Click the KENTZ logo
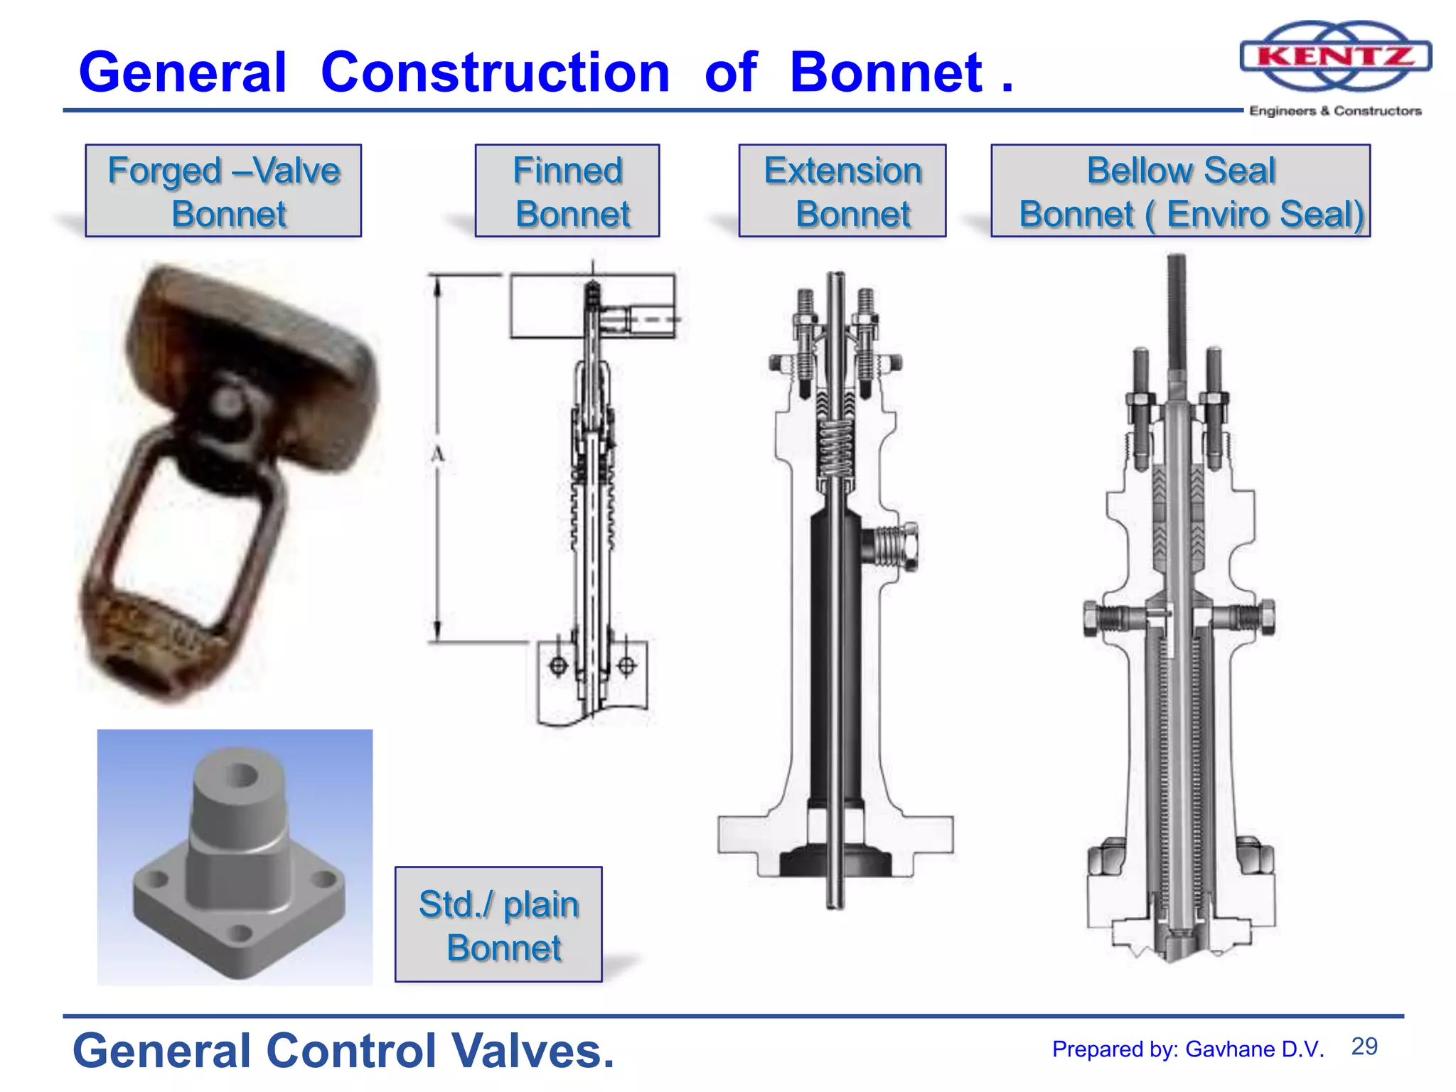click(x=1335, y=57)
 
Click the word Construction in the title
click(x=495, y=73)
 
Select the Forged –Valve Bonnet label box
click(x=223, y=191)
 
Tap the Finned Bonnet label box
click(x=567, y=191)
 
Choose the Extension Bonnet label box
click(x=842, y=191)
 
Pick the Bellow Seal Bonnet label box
click(x=1181, y=191)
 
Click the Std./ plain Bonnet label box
click(x=498, y=924)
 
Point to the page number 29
click(x=1364, y=1046)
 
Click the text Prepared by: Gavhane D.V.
click(x=1188, y=1049)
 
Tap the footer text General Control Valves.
click(x=343, y=1051)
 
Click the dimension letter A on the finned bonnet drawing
click(x=437, y=454)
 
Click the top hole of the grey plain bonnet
click(x=242, y=775)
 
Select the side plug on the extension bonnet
click(x=893, y=547)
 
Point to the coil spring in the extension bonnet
click(x=837, y=448)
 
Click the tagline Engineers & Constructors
click(x=1335, y=111)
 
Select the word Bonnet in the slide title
click(x=886, y=73)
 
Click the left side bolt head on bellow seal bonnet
click(x=1093, y=617)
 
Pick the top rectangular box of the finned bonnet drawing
click(x=547, y=306)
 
